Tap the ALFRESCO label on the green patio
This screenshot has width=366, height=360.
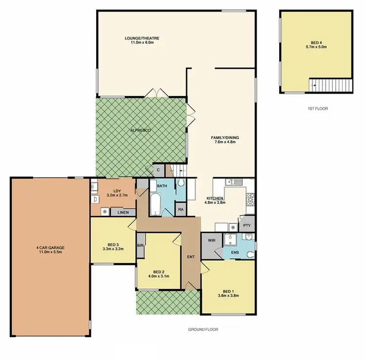[x=142, y=131]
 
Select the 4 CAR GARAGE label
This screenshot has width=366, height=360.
[x=50, y=247]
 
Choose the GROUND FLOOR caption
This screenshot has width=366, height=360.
[x=203, y=330]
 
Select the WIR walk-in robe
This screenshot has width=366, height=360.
[x=211, y=240]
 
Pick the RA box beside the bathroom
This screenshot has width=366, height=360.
[x=181, y=210]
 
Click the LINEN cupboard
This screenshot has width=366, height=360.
[x=123, y=212]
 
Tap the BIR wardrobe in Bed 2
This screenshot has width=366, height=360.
[x=141, y=246]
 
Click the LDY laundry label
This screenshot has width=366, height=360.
[x=117, y=191]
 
